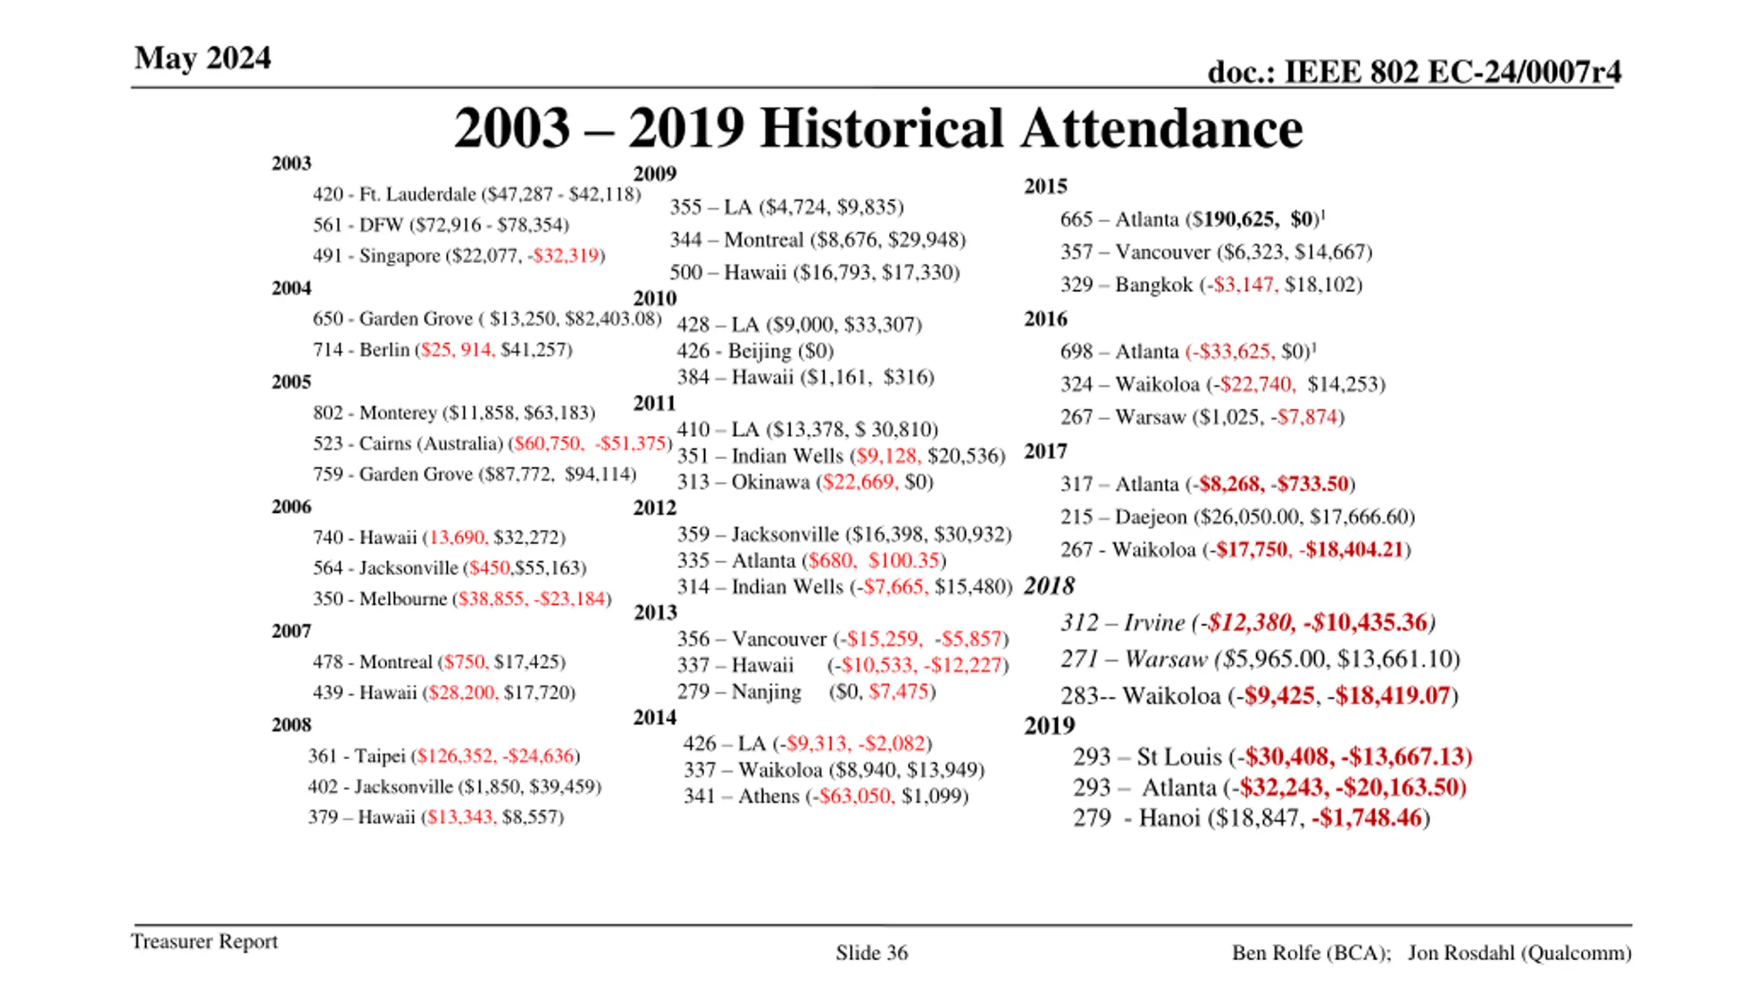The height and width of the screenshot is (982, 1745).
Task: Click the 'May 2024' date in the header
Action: [202, 58]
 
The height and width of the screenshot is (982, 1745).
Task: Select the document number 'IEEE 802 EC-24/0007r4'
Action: [1452, 72]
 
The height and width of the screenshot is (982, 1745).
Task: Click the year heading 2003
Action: [291, 164]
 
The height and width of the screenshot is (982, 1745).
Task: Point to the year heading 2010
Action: [654, 299]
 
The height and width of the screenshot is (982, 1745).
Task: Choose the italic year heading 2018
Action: [1049, 586]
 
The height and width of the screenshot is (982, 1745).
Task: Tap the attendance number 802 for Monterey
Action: [328, 413]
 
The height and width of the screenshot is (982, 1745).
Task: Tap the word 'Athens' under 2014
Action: [768, 797]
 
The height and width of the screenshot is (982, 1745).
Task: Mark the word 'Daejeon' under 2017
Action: [1151, 517]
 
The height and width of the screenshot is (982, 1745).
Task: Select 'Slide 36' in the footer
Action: [872, 953]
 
